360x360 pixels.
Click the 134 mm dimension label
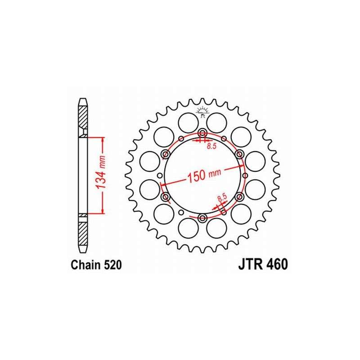pyautogui.click(x=100, y=172)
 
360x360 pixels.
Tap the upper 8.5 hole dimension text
pyautogui.click(x=211, y=146)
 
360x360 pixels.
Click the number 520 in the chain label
pyautogui.click(x=112, y=265)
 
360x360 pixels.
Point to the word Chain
pyautogui.click(x=86, y=265)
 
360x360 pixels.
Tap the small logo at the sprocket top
pyautogui.click(x=202, y=112)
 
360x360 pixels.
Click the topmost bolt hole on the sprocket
pyautogui.click(x=202, y=133)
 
